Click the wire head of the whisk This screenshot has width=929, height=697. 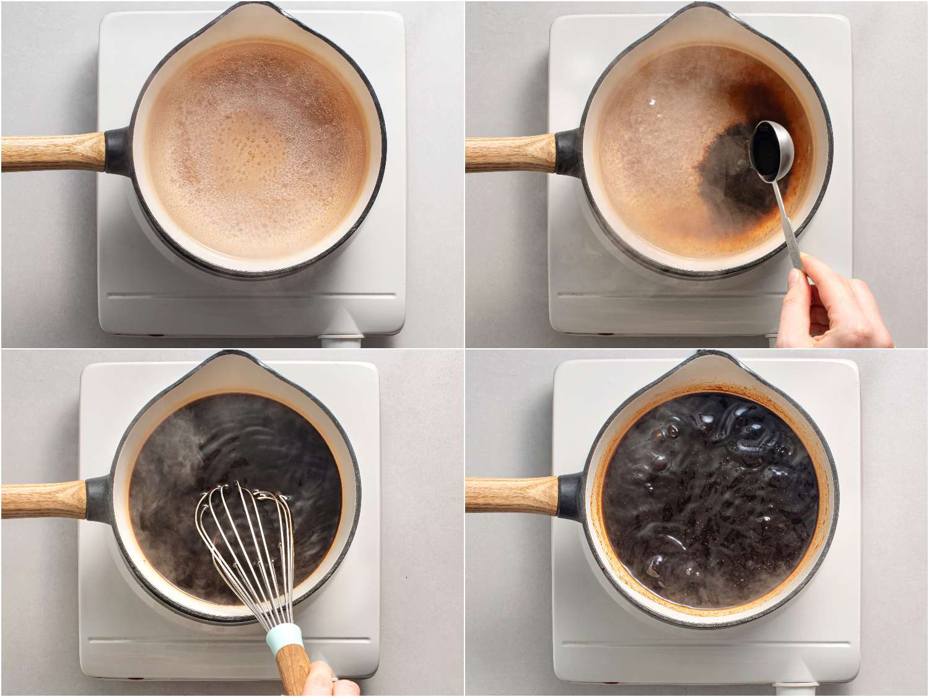pyautogui.click(x=248, y=545)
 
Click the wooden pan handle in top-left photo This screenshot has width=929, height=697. pyautogui.click(x=53, y=152)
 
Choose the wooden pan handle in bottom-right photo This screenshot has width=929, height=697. pyautogui.click(x=511, y=496)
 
